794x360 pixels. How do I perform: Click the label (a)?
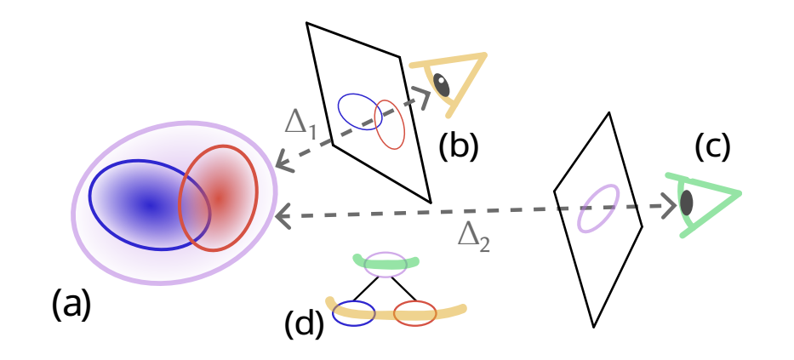pos(71,304)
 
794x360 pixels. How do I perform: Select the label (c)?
pos(712,147)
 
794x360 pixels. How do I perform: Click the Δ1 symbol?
pos(300,126)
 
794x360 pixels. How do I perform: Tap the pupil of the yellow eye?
pos(442,84)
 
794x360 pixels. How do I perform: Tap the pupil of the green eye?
pos(687,203)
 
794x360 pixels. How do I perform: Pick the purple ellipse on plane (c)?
pos(597,209)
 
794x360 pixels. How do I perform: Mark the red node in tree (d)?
pos(415,312)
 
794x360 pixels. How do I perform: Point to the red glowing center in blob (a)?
pos(220,198)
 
